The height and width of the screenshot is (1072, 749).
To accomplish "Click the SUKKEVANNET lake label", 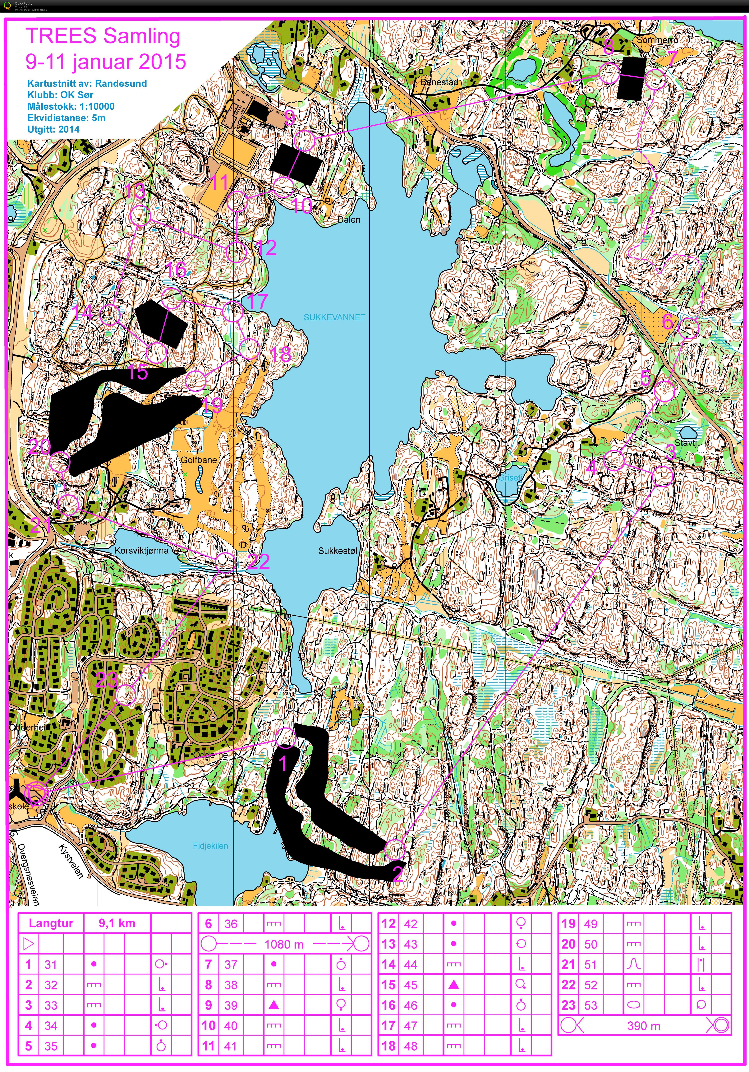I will (334, 317).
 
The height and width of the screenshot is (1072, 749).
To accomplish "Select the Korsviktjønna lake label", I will (141, 551).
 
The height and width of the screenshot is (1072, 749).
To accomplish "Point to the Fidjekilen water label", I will (210, 846).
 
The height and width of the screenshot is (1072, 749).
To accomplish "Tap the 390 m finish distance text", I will (644, 1026).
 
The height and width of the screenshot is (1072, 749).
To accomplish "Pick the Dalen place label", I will (349, 219).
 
